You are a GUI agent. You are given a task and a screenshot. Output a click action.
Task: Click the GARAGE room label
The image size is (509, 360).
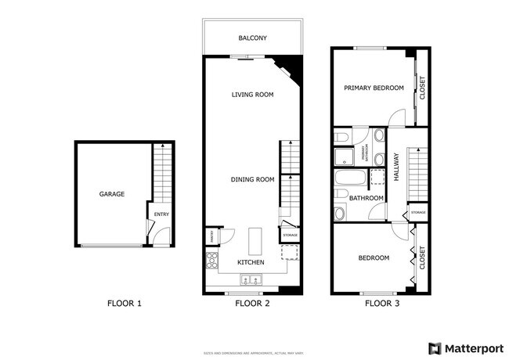click(111, 194)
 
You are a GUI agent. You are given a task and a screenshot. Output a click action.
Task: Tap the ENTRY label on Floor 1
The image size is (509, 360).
click(161, 214)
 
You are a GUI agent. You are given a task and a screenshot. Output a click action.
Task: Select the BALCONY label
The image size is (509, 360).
click(253, 38)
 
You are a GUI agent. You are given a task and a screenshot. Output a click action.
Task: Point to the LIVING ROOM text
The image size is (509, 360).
click(252, 95)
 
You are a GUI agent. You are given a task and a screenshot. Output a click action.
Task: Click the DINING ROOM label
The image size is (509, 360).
click(252, 179)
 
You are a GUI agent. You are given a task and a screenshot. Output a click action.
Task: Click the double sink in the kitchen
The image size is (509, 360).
click(254, 281)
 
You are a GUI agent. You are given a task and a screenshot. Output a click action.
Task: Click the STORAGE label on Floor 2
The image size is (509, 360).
click(290, 236)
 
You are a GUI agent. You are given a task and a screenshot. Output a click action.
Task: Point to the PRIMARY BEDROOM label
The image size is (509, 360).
click(374, 88)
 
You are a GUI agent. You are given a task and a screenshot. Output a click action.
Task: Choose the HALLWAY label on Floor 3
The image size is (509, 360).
click(397, 167)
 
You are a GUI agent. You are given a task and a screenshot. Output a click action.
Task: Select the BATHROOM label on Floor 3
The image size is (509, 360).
click(366, 199)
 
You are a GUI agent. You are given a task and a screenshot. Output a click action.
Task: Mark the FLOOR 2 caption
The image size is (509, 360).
click(252, 303)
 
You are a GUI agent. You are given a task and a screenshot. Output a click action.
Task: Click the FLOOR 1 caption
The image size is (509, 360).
click(124, 303)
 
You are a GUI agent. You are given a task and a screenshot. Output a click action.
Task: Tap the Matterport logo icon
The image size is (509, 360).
click(434, 348)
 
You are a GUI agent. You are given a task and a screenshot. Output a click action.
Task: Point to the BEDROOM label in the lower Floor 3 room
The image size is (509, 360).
click(374, 257)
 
